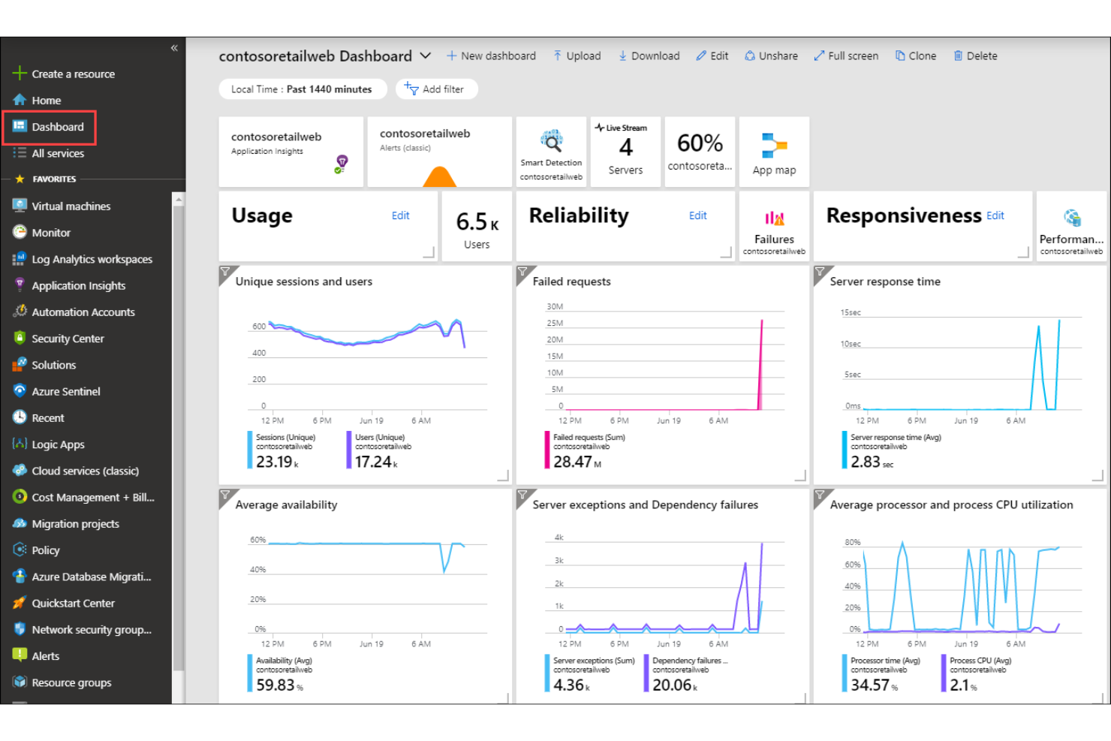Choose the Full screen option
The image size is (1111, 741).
pos(846,56)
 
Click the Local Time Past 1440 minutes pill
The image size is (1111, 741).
pos(302,89)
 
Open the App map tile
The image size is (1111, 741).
pos(774,152)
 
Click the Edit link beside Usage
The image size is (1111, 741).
pos(400,215)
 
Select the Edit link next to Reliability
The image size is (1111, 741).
pos(697,215)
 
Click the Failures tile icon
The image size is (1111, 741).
pos(774,218)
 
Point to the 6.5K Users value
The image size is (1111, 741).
pos(477,222)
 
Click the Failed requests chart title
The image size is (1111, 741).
pos(571,282)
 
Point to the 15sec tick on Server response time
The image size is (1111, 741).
pos(851,312)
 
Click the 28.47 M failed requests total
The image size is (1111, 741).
pos(577,462)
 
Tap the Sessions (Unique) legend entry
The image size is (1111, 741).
pos(285,437)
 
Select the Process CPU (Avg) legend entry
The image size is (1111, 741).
pos(980,661)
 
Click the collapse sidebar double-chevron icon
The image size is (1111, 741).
pos(174,48)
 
